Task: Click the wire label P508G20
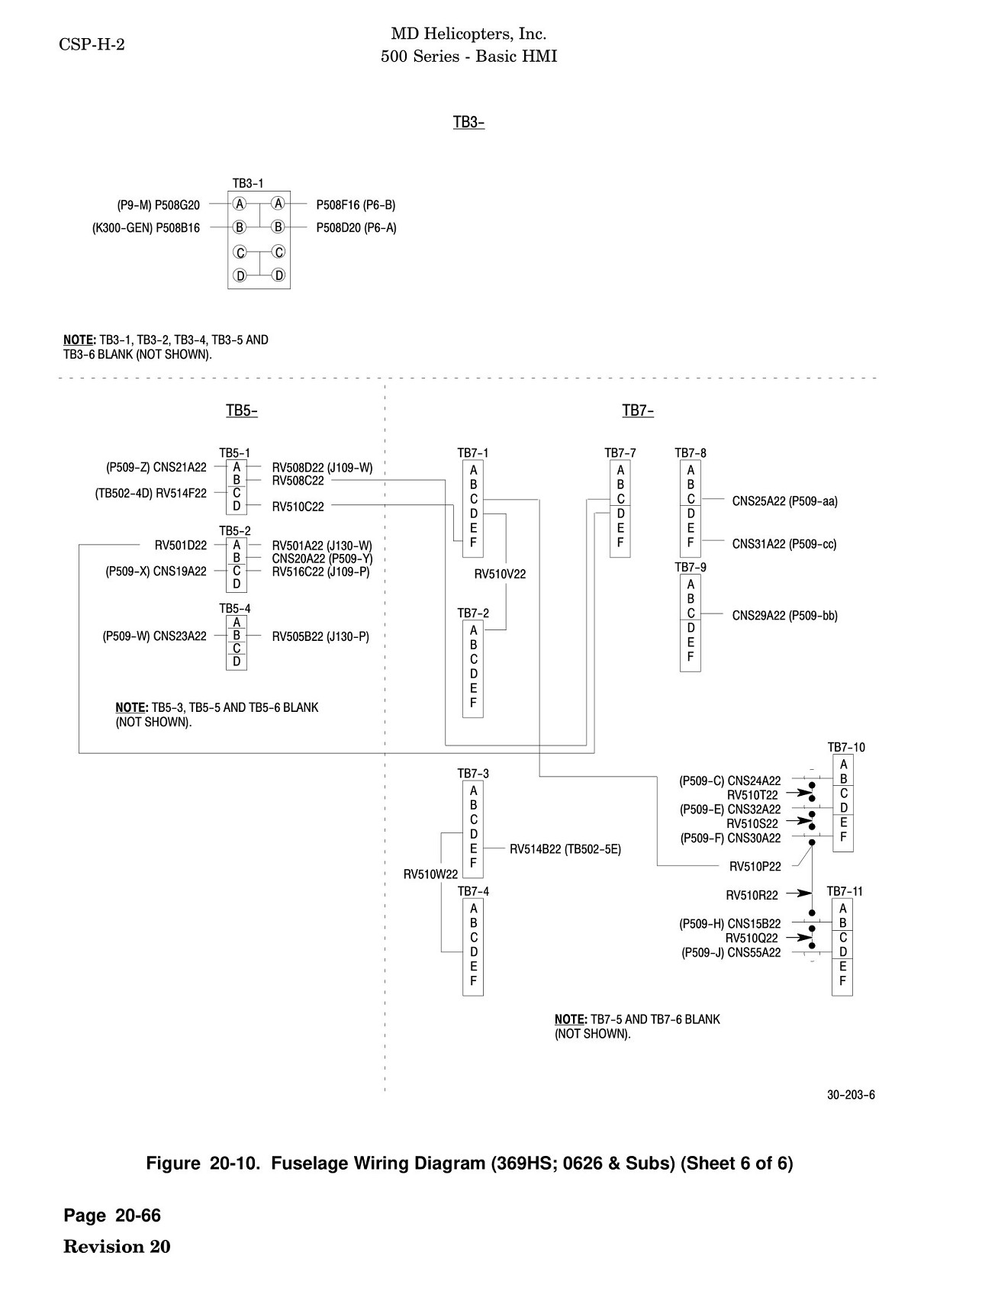pyautogui.click(x=177, y=204)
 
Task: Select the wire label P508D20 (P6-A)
pyautogui.click(x=356, y=227)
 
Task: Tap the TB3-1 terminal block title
pyautogui.click(x=248, y=183)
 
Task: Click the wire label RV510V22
pyautogui.click(x=500, y=575)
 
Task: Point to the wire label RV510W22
pyautogui.click(x=430, y=874)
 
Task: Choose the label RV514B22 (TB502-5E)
pyautogui.click(x=565, y=848)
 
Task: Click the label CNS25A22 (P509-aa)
pyautogui.click(x=784, y=501)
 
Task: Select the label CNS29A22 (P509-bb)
pyautogui.click(x=784, y=615)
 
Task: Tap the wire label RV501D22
pyautogui.click(x=181, y=545)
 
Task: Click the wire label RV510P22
pyautogui.click(x=755, y=866)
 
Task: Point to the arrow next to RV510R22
pyautogui.click(x=798, y=893)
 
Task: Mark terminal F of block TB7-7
pyautogui.click(x=620, y=542)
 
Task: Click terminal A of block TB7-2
pyautogui.click(x=473, y=630)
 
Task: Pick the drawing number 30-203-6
pyautogui.click(x=851, y=1095)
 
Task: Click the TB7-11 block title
pyautogui.click(x=845, y=891)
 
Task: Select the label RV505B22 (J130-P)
pyautogui.click(x=320, y=636)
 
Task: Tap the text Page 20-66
pyautogui.click(x=112, y=1215)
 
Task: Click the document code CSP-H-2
pyautogui.click(x=92, y=44)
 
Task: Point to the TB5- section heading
pyautogui.click(x=242, y=410)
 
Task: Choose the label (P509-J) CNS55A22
pyautogui.click(x=731, y=952)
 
